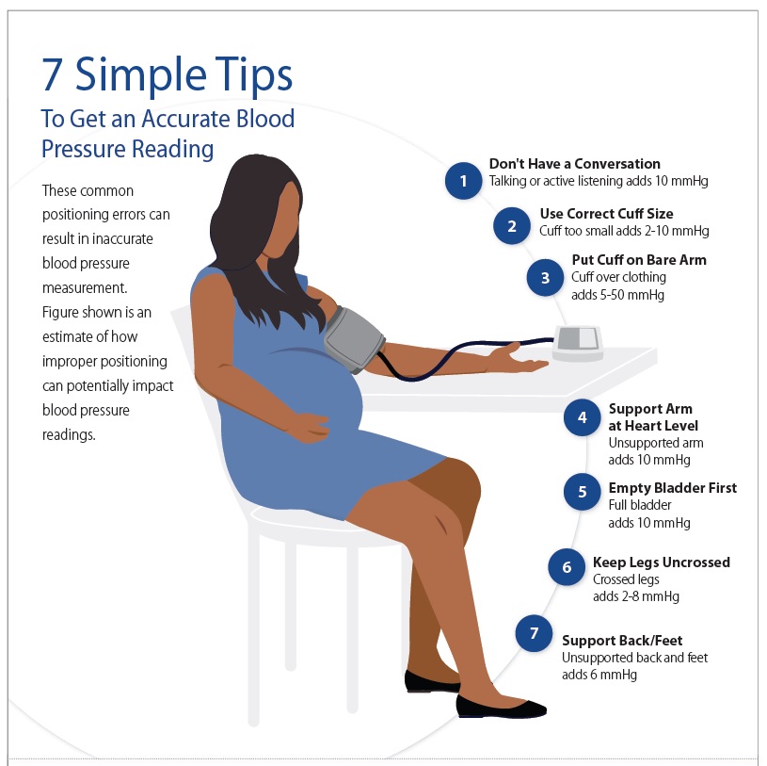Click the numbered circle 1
tap(462, 179)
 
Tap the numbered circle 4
tap(583, 417)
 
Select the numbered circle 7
tap(534, 633)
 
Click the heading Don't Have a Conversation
tap(574, 164)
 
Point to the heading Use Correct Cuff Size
tap(606, 214)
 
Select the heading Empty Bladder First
tap(672, 488)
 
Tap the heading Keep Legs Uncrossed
tap(661, 562)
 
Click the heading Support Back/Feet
tap(622, 641)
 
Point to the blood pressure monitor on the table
tap(579, 342)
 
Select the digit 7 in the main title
tap(54, 75)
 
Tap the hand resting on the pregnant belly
tap(306, 429)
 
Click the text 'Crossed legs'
tap(625, 579)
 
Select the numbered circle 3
tap(545, 278)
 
